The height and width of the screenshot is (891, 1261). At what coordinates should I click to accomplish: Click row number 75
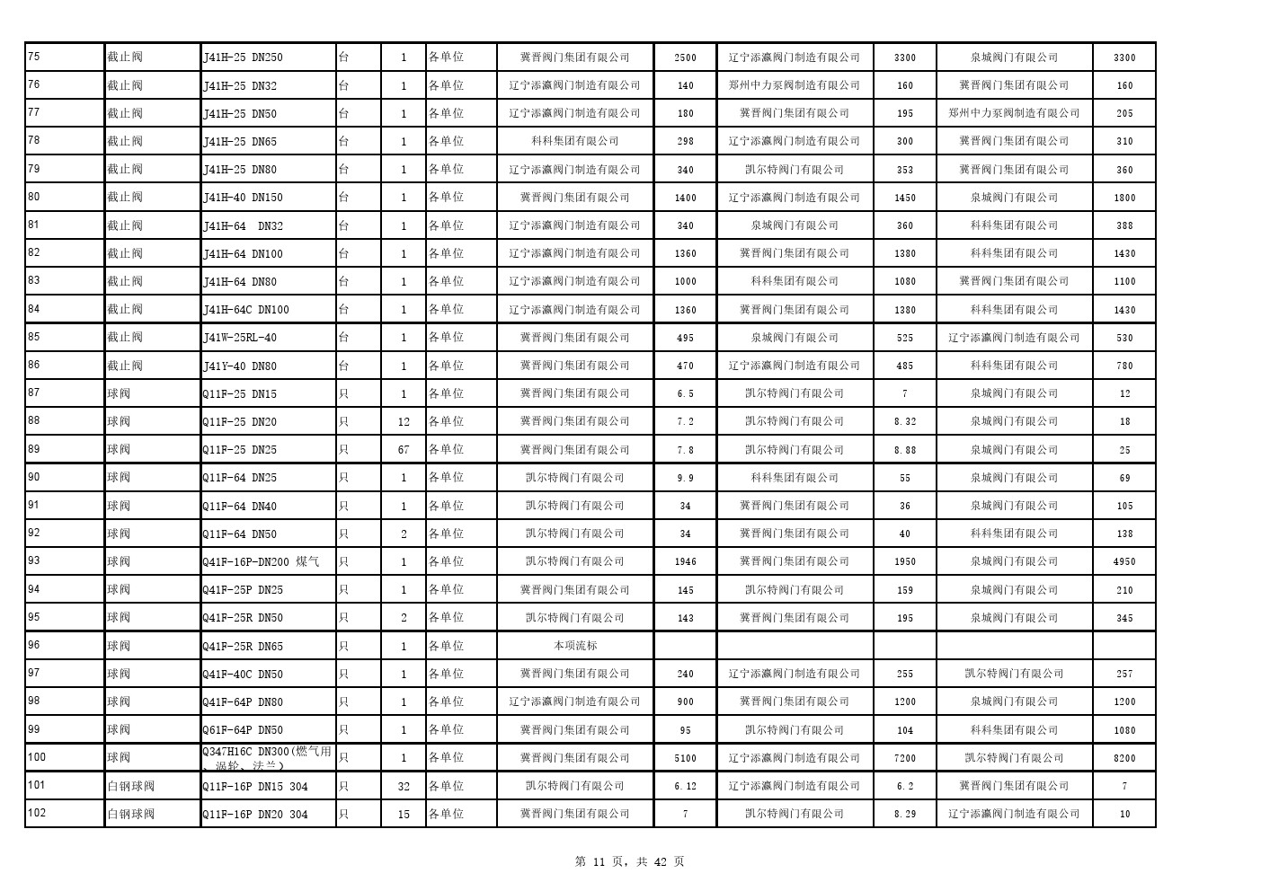tap(34, 57)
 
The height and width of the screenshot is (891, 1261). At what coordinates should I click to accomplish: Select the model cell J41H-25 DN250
tap(243, 57)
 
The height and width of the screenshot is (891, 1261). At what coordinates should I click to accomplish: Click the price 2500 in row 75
tap(685, 57)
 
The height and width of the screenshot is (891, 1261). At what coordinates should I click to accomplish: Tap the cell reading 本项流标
tap(575, 646)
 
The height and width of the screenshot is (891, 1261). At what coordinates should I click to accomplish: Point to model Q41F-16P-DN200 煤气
tap(261, 561)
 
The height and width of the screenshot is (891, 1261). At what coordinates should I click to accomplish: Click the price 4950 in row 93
tap(1124, 561)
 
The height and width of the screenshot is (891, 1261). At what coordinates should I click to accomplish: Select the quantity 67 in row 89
tap(404, 449)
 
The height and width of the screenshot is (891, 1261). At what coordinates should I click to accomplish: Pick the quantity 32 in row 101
tap(404, 786)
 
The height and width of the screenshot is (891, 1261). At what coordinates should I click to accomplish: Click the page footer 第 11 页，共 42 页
tap(629, 861)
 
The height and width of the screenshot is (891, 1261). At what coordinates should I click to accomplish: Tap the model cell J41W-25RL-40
tap(240, 338)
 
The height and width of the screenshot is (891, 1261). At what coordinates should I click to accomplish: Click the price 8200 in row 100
tap(1124, 758)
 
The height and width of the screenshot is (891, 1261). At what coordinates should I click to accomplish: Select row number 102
tap(37, 813)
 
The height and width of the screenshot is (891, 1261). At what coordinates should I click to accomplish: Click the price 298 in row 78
tap(685, 141)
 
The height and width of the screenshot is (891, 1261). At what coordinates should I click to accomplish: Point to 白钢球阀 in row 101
tap(131, 786)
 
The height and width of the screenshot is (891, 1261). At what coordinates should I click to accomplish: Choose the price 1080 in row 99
tap(1124, 730)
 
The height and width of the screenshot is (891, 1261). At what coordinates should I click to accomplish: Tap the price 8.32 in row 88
tap(905, 421)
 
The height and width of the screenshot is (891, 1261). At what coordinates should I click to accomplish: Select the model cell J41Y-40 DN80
tap(240, 366)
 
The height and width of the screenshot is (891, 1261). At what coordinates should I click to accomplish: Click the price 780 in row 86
tap(1124, 366)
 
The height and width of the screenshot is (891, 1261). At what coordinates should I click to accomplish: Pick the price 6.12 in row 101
tap(685, 786)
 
